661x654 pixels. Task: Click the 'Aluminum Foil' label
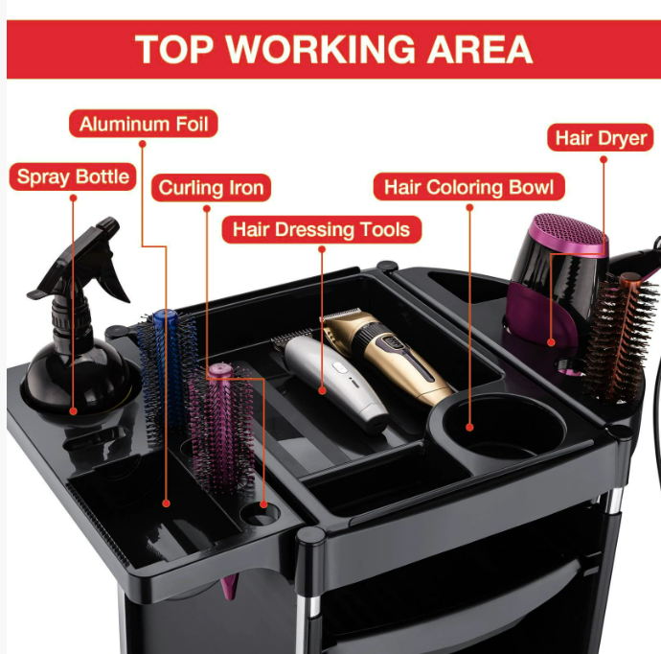144,124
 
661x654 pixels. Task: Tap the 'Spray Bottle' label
73,176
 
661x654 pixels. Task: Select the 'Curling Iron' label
211,187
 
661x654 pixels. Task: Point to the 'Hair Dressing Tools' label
321,229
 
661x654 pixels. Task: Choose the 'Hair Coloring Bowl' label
468,186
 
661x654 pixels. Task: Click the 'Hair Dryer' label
601,137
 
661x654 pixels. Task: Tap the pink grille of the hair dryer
569,233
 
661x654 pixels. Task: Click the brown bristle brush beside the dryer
620,338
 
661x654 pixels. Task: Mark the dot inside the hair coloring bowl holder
469,428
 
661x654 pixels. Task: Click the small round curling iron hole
260,513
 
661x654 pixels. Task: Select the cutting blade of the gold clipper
341,314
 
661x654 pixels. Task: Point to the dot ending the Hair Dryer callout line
551,342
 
